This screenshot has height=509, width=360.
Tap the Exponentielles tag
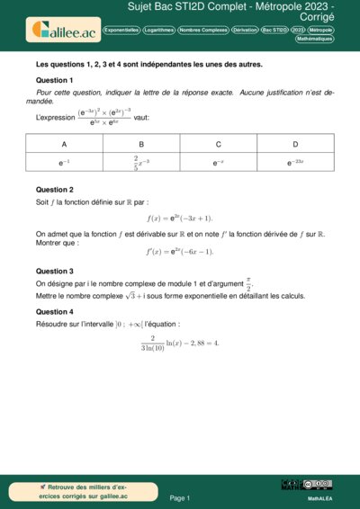121,30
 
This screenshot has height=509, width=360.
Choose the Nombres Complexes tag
202,30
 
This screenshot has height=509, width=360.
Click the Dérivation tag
244,30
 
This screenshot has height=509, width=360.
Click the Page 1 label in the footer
180,497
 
